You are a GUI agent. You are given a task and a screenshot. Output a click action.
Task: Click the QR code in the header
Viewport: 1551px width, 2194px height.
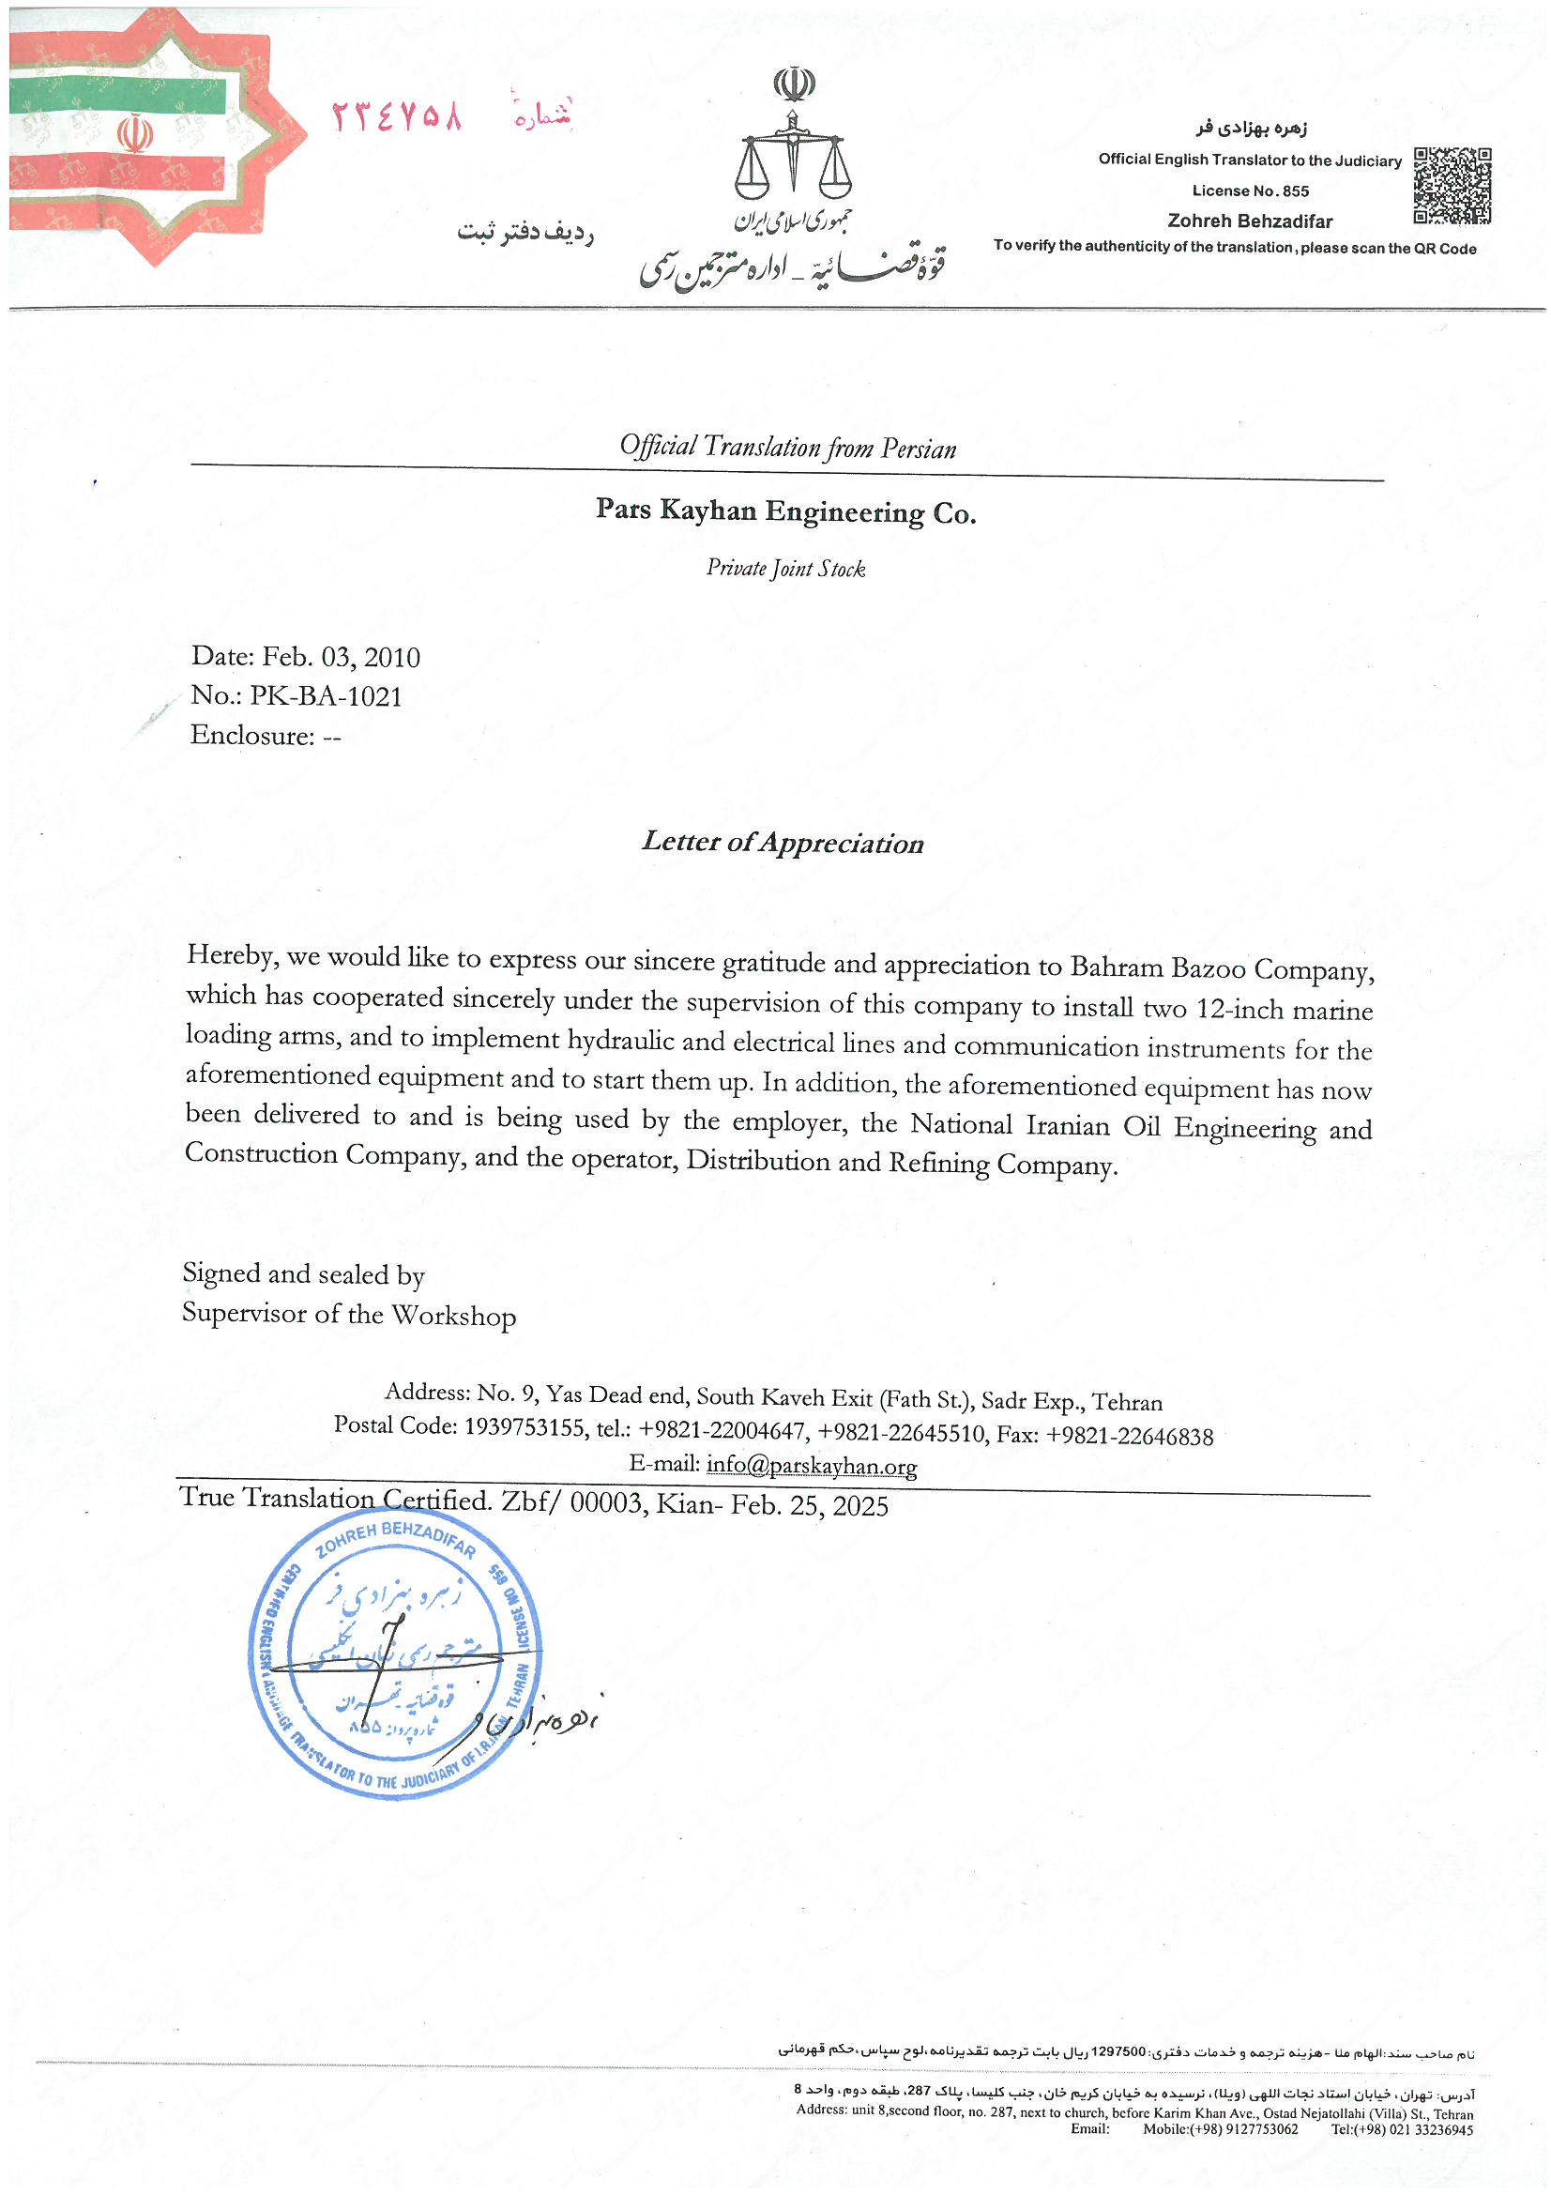click(1452, 186)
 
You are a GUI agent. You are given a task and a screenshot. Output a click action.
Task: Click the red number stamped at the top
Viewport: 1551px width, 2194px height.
click(397, 116)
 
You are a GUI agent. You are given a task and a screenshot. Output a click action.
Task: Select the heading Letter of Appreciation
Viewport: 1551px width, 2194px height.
click(783, 842)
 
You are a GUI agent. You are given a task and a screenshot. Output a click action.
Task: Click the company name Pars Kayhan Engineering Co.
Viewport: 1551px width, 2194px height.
click(785, 511)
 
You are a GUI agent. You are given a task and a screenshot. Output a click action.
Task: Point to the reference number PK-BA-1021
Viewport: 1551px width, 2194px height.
click(326, 695)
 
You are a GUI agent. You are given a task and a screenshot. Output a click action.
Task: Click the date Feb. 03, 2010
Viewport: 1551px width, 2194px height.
click(342, 657)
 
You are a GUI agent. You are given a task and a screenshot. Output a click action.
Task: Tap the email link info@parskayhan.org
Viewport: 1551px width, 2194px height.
click(812, 1465)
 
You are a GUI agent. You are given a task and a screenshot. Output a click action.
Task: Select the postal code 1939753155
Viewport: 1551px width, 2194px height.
click(524, 1427)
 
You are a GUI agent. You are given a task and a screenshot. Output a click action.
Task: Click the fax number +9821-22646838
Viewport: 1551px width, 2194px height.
click(1130, 1436)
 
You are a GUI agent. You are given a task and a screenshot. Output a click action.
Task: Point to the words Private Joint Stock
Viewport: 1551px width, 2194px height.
click(785, 569)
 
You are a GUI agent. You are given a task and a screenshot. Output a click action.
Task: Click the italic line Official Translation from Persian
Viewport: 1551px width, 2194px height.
click(787, 448)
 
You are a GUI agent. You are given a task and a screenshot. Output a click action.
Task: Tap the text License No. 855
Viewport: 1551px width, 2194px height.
click(1250, 191)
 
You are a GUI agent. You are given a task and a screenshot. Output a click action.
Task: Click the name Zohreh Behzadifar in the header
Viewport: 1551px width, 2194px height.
click(1250, 221)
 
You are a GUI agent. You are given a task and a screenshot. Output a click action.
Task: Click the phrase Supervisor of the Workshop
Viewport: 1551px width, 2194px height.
click(349, 1315)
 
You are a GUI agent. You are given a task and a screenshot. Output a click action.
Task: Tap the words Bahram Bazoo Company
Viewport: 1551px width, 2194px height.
click(1222, 968)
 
